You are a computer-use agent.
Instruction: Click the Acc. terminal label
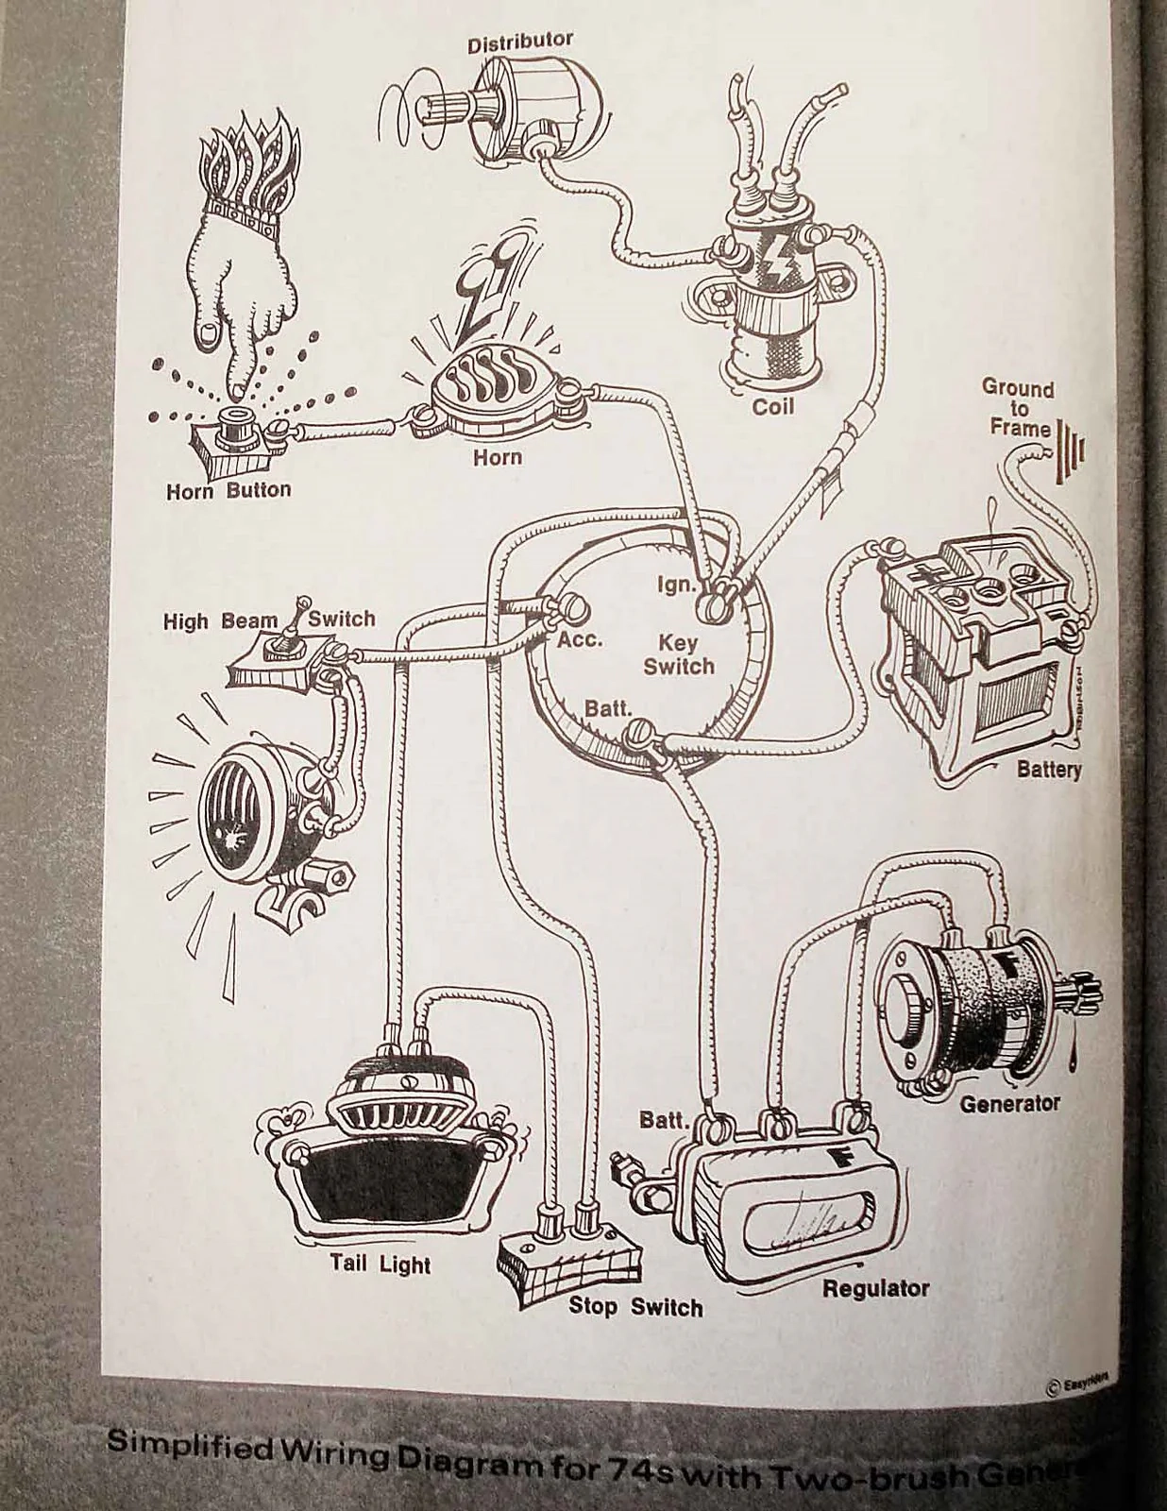tap(579, 639)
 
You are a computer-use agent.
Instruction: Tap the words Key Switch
tap(679, 654)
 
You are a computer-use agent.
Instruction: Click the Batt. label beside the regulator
tap(662, 1121)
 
